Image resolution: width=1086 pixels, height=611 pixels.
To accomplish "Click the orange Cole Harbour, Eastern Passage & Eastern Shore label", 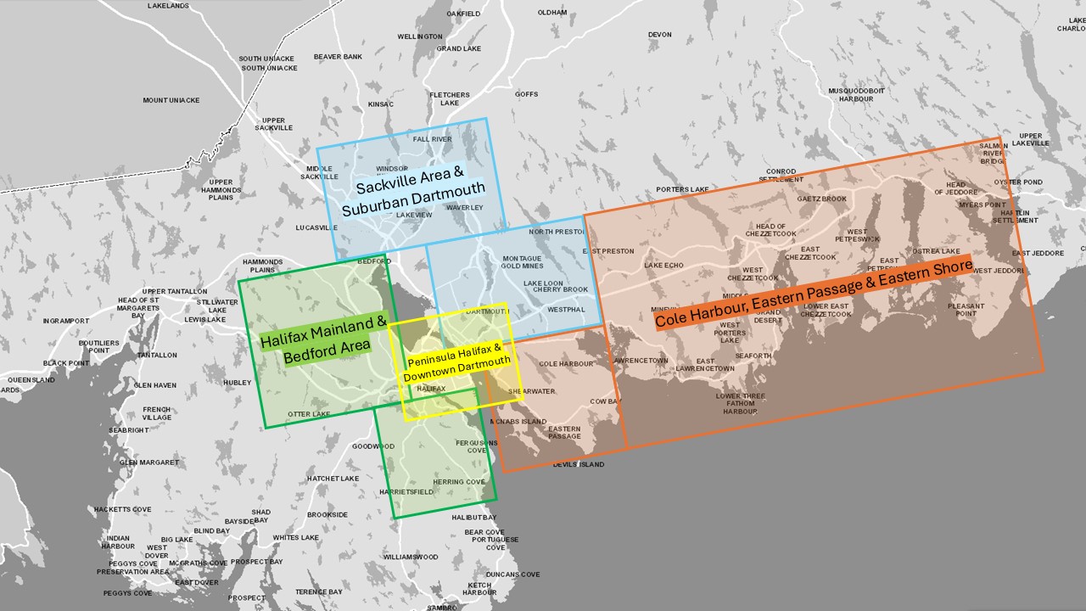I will pos(814,294).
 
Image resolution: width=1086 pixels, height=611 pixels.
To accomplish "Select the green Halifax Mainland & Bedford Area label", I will pos(322,338).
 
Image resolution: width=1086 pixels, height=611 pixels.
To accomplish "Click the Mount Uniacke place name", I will pos(171,100).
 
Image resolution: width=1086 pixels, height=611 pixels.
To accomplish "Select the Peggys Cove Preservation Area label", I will pos(132,568).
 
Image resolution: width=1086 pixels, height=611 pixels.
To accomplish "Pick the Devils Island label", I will pos(579,465).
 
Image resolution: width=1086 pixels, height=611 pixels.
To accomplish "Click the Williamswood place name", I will pos(410,558).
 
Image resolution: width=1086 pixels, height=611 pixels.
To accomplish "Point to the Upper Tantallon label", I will pos(176,291).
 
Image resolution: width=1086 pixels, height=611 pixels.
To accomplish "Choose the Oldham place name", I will pos(552,13).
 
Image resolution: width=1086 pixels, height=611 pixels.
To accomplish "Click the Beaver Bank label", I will pos(338,57).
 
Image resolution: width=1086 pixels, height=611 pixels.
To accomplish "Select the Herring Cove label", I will pos(459,482).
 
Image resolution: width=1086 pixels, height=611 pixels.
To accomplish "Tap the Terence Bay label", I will pos(319,591).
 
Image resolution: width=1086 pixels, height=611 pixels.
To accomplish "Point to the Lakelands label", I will pos(168,6).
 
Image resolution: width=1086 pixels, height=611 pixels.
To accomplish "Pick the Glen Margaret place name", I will pos(149,462).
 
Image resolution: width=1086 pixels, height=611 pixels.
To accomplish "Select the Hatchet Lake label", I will pos(333,479).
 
